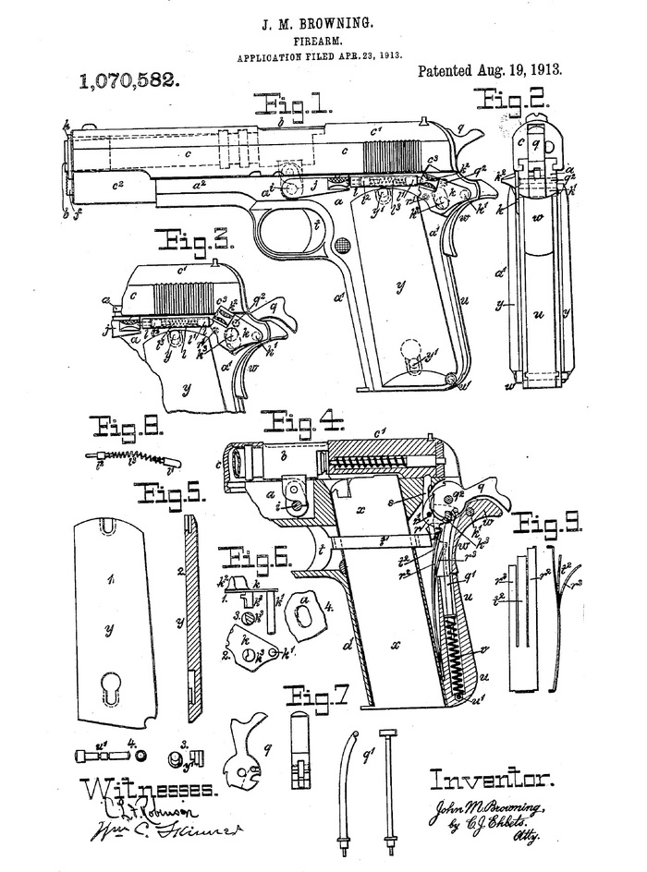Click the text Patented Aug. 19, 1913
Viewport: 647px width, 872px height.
pyautogui.click(x=491, y=70)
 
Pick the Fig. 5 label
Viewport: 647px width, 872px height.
pyautogui.click(x=170, y=492)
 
